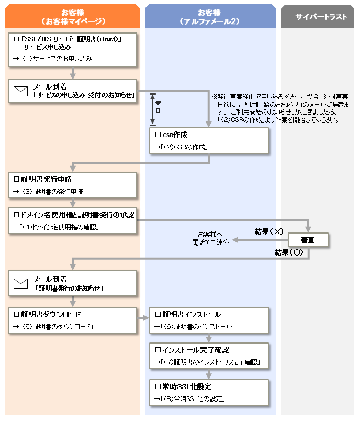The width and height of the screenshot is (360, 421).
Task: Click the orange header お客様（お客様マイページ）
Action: tap(72, 16)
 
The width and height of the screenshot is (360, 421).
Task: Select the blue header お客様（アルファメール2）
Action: tap(210, 16)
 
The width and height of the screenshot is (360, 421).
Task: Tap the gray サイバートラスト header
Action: tap(318, 16)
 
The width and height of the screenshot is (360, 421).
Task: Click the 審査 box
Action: tap(308, 240)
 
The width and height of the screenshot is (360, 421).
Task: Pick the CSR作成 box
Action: tap(209, 140)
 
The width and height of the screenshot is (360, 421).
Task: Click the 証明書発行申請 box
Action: tap(72, 185)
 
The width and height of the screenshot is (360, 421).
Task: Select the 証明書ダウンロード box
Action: tap(72, 320)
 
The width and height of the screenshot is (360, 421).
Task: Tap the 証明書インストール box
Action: tap(209, 320)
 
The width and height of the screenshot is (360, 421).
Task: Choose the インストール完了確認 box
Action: tap(209, 356)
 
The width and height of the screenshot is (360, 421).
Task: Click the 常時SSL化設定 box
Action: tap(209, 392)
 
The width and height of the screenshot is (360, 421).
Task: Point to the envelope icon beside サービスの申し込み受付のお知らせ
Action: tap(20, 91)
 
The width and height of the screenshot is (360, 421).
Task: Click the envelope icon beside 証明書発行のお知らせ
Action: tap(20, 283)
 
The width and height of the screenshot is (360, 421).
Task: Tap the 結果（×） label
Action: tap(269, 231)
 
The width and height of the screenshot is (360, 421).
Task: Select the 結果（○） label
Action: tap(289, 252)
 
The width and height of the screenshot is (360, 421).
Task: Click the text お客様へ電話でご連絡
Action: tap(210, 238)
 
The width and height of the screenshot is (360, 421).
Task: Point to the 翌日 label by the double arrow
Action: tap(158, 107)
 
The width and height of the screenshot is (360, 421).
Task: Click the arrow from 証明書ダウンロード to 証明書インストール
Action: tap(143, 318)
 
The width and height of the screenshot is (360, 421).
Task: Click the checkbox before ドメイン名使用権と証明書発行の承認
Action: tap(16, 215)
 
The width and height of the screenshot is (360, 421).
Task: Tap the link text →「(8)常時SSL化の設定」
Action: tap(189, 398)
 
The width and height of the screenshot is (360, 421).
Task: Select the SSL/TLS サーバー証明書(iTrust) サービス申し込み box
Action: tap(72, 49)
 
